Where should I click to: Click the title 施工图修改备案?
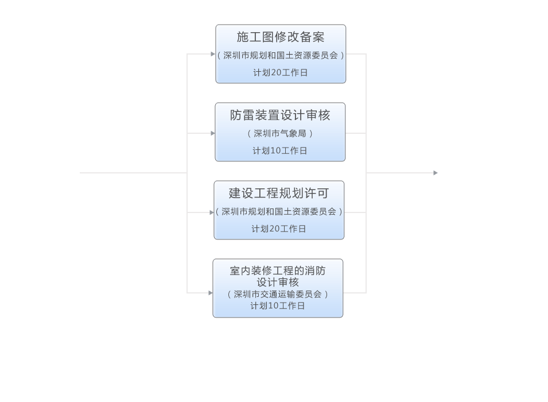pyautogui.click(x=281, y=37)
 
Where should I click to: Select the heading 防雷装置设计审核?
pyautogui.click(x=280, y=115)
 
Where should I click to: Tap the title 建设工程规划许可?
pyautogui.click(x=279, y=194)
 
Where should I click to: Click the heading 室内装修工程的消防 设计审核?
pyautogui.click(x=278, y=276)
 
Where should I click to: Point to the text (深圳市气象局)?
pyautogui.click(x=280, y=133)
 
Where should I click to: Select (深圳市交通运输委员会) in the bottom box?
pyautogui.click(x=278, y=294)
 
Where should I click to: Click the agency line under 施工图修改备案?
pyautogui.click(x=281, y=56)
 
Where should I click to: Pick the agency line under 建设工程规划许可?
pyautogui.click(x=279, y=212)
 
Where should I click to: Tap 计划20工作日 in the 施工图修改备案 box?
pyautogui.click(x=281, y=73)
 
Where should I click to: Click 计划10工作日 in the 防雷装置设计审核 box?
pyautogui.click(x=280, y=151)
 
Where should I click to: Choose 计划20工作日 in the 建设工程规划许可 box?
pyautogui.click(x=279, y=229)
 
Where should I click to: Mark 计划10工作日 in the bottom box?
pyautogui.click(x=278, y=306)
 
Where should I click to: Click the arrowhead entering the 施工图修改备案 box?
pyautogui.click(x=213, y=54)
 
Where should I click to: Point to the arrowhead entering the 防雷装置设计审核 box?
pyautogui.click(x=212, y=133)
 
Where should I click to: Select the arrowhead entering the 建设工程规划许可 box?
pyautogui.click(x=211, y=212)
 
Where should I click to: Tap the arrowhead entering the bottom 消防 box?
pyautogui.click(x=210, y=293)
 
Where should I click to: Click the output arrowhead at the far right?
pyautogui.click(x=436, y=173)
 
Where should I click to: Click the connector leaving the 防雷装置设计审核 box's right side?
pyautogui.click(x=356, y=133)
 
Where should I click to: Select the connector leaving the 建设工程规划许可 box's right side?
pyautogui.click(x=355, y=212)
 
